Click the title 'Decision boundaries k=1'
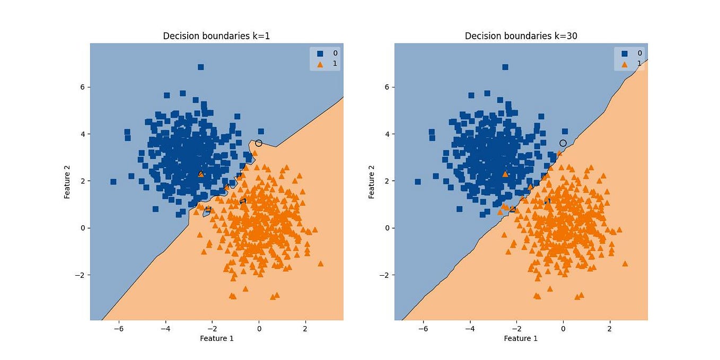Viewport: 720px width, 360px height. [x=216, y=36]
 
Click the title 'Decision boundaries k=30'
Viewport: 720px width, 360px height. [x=521, y=36]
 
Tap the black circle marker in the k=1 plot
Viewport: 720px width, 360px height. [x=259, y=143]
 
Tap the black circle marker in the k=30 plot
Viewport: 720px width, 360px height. [x=563, y=143]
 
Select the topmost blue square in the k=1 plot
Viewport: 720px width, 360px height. [x=201, y=67]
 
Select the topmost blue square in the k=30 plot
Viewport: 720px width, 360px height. [x=505, y=67]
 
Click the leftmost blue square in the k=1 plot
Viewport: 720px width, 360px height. [x=113, y=182]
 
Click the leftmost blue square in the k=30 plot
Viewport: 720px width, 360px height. [x=418, y=182]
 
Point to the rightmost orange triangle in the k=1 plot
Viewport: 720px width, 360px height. [x=320, y=264]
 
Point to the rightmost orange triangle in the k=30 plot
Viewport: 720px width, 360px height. [x=625, y=264]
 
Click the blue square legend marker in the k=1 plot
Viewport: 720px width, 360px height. [x=320, y=53]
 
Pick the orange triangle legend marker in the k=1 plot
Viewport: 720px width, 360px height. [x=320, y=64]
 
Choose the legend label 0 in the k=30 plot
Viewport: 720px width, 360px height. [x=639, y=53]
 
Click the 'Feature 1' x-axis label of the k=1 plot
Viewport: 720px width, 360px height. [x=216, y=338]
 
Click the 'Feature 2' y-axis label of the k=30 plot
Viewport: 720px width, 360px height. [x=371, y=182]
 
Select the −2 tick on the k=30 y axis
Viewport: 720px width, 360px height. [x=385, y=275]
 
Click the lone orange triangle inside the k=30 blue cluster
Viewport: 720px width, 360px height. [x=505, y=174]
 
